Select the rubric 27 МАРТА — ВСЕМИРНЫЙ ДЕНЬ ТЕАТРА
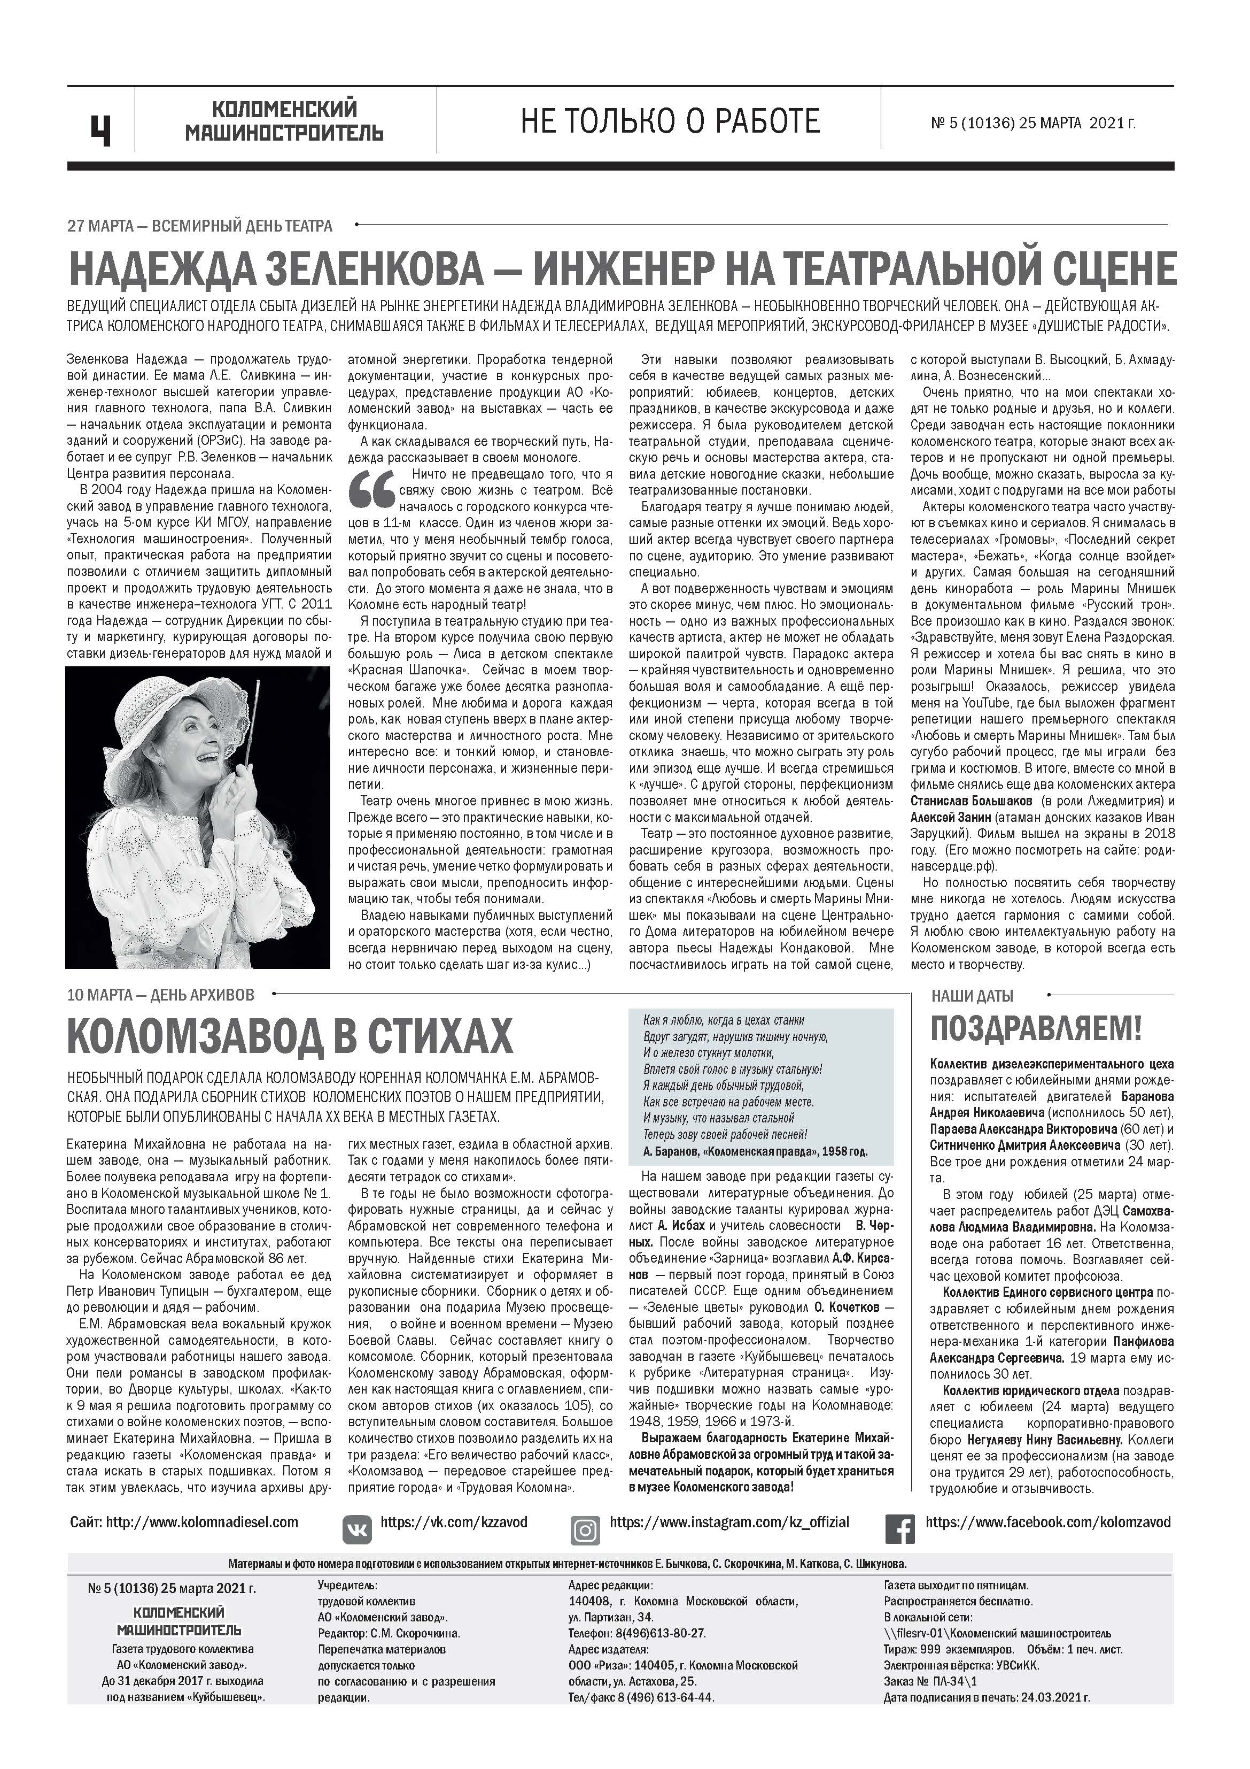click(200, 226)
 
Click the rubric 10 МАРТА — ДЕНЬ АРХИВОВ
click(161, 995)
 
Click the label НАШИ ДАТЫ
click(972, 996)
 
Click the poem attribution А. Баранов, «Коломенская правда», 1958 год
click(754, 1151)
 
